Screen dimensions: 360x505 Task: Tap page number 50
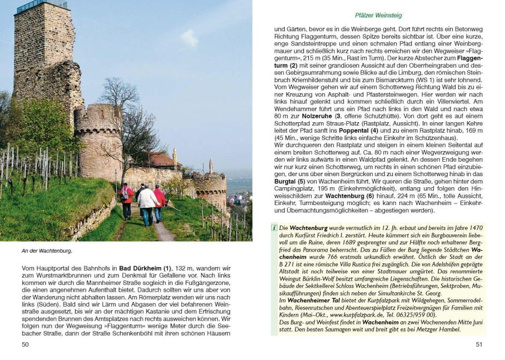25,344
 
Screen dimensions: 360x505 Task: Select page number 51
479,344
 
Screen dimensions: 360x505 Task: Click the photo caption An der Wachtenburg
47,251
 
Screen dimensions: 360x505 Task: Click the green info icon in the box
274,228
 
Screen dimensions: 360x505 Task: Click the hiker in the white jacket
147,202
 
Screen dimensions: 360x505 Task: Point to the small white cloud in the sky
189,37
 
